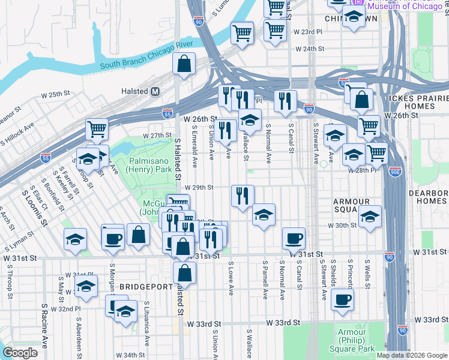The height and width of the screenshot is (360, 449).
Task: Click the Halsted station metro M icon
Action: [155, 91]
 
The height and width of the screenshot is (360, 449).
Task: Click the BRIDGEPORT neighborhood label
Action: [146, 287]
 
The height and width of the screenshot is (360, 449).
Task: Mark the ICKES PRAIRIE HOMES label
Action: [418, 102]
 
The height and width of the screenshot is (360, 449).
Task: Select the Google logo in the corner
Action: [20, 353]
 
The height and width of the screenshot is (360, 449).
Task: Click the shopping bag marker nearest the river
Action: [184, 64]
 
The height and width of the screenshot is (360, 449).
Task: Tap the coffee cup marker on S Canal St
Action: [294, 239]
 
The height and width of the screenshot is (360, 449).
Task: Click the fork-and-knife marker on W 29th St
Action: [243, 196]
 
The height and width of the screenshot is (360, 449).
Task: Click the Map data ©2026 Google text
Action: [412, 355]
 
